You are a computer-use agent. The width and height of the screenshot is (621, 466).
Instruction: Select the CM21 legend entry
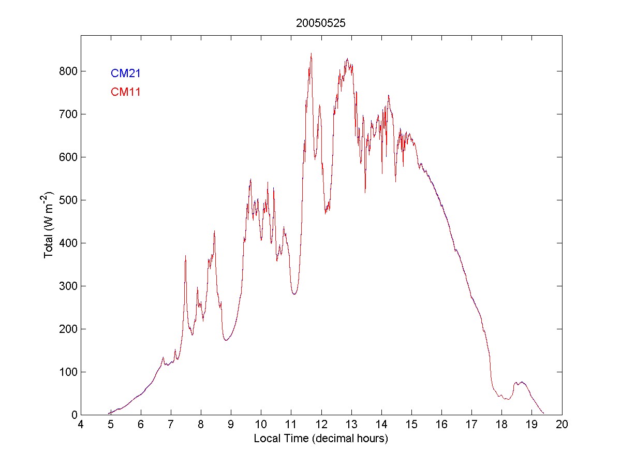tap(126, 74)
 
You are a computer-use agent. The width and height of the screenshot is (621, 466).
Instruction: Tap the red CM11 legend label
tap(126, 92)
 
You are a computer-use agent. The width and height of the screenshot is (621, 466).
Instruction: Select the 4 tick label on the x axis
tap(81, 425)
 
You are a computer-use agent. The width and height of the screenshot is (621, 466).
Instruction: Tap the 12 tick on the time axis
tap(321, 425)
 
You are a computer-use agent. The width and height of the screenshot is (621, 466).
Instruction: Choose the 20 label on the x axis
tap(562, 425)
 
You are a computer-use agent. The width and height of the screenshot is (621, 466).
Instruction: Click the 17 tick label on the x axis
tap(471, 425)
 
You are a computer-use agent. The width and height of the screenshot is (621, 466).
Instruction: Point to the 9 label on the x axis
tap(231, 425)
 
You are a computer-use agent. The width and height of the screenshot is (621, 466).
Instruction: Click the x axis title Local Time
tap(321, 439)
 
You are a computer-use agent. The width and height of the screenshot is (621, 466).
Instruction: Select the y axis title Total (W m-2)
tap(50, 225)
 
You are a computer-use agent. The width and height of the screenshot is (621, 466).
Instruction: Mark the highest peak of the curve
tap(311, 53)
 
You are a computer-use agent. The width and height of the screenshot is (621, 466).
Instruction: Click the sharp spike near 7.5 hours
tap(185, 256)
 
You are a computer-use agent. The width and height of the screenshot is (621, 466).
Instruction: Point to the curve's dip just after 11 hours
tap(294, 294)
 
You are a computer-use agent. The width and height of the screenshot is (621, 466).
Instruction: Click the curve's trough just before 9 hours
tap(226, 340)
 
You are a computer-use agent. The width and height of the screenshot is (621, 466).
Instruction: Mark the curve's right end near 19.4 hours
tap(543, 413)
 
